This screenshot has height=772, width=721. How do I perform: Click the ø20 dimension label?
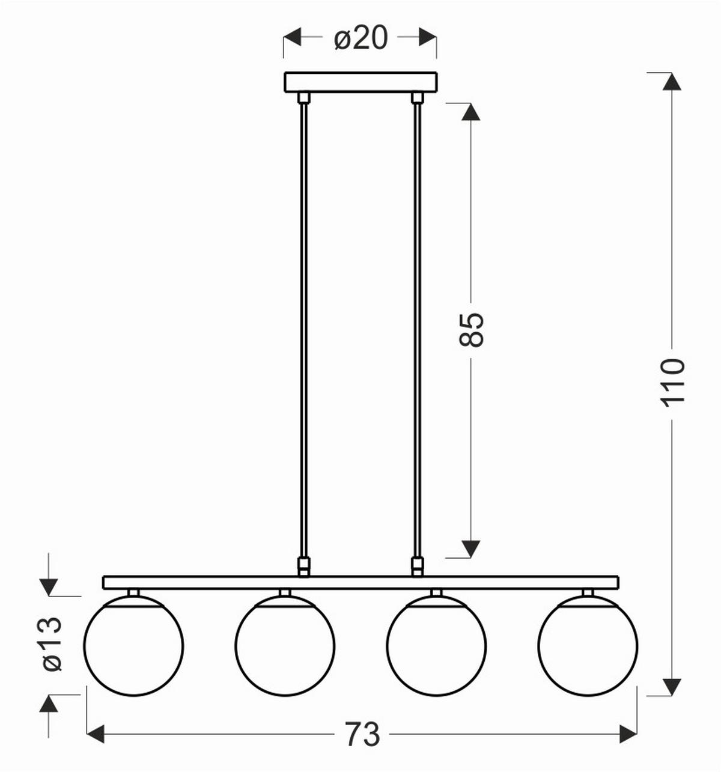click(x=360, y=39)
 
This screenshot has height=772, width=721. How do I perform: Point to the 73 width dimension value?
click(x=362, y=734)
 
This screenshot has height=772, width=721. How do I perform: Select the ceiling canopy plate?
click(x=360, y=82)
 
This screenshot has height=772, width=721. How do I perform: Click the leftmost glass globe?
click(x=133, y=646)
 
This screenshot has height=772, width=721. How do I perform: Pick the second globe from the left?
click(x=285, y=646)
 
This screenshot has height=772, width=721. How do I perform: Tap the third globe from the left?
click(x=436, y=646)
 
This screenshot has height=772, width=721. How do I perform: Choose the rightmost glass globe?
click(x=588, y=646)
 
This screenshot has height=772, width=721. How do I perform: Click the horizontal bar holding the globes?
click(x=360, y=582)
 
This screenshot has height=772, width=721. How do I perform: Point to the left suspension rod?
click(x=304, y=330)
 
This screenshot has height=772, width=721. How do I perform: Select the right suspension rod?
click(x=416, y=330)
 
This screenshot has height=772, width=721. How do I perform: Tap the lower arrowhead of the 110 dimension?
click(x=672, y=686)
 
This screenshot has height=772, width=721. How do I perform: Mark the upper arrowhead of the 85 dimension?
click(x=471, y=112)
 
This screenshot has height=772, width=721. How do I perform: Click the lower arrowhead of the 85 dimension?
click(x=471, y=548)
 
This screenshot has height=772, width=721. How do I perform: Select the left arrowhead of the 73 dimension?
click(x=96, y=734)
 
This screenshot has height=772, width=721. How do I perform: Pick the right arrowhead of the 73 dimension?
click(x=628, y=734)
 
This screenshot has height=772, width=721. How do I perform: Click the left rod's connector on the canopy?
click(x=304, y=97)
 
